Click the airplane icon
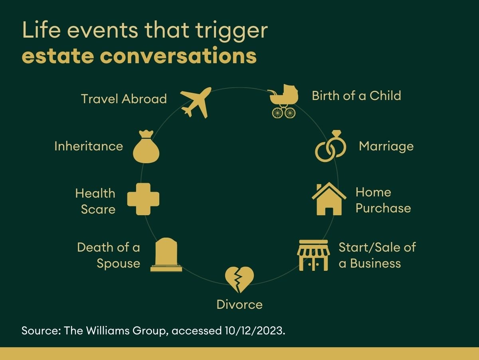196,102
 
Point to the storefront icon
313,255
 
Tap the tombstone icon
166,255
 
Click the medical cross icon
143,199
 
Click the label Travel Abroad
124,99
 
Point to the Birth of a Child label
356,96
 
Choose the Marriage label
386,146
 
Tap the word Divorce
239,304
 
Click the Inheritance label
89,146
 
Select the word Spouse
118,264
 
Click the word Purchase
383,208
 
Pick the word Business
375,263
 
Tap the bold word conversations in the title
178,56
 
